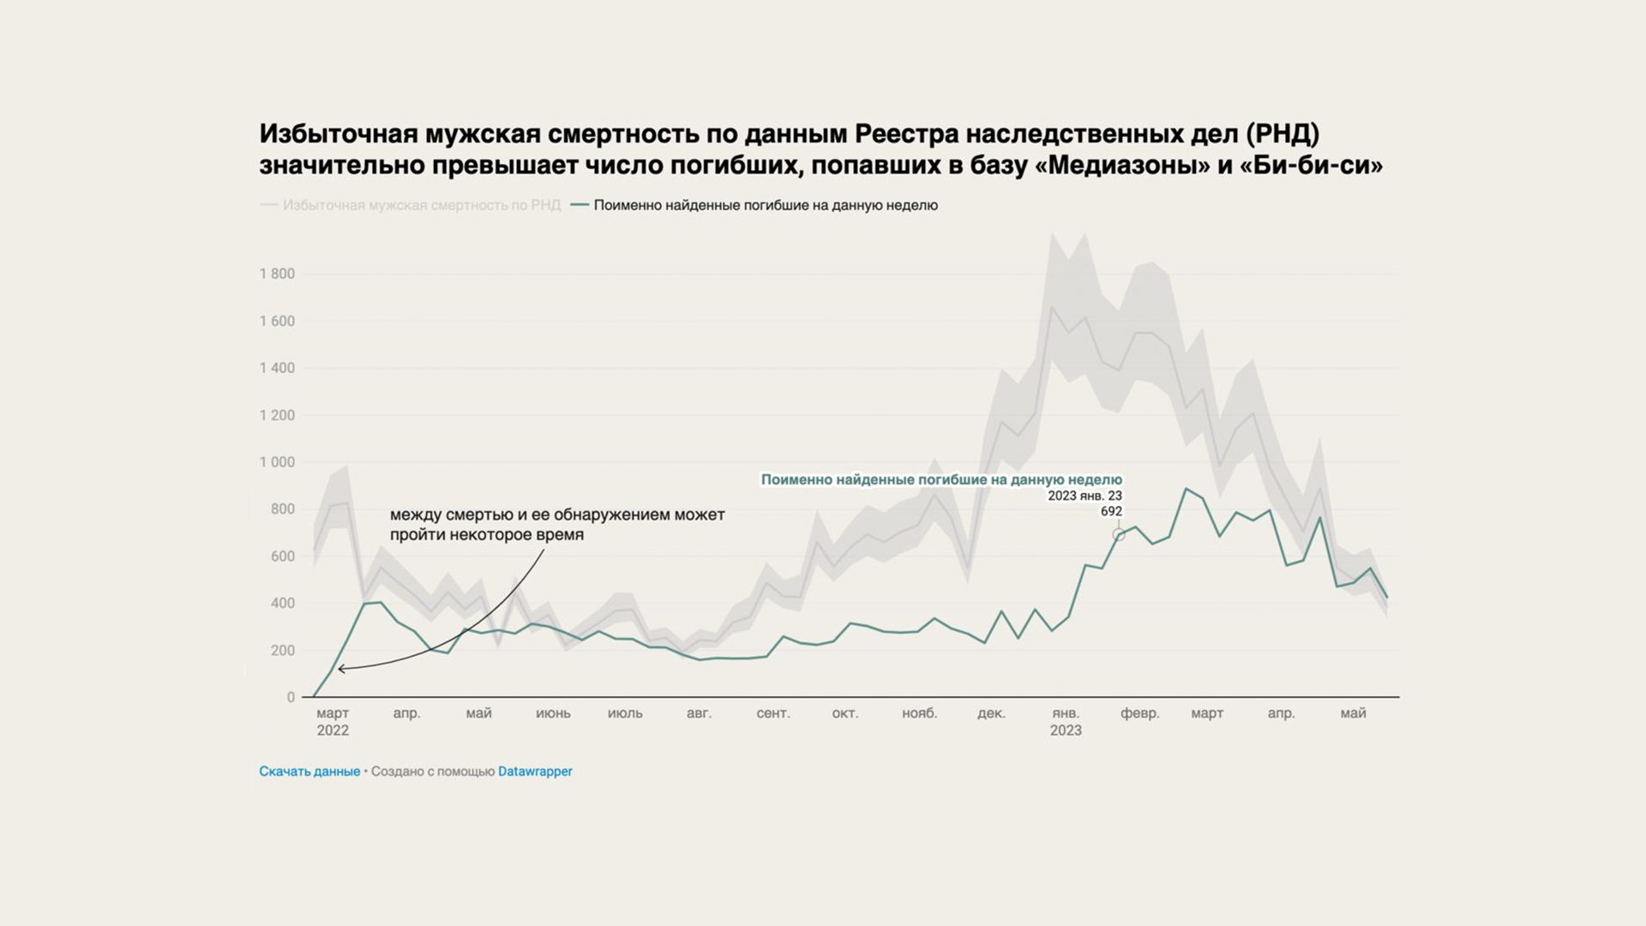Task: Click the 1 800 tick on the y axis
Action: tap(277, 274)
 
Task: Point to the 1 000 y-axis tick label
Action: tap(277, 462)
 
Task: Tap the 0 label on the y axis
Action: tap(291, 698)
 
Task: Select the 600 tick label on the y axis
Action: tap(282, 556)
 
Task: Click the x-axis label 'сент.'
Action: tap(772, 713)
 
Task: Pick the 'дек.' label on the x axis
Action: tap(991, 713)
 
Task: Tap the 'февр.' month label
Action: tap(1139, 713)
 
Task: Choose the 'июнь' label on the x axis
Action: tap(553, 713)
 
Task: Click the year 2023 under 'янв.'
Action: tap(1066, 731)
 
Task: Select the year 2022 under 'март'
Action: tap(333, 731)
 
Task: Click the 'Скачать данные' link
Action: tap(309, 772)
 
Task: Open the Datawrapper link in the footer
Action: tap(535, 772)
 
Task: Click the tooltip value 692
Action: tap(1111, 512)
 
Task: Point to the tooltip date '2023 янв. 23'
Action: tap(1084, 496)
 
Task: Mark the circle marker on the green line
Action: tap(1119, 535)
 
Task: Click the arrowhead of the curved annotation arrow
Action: tap(341, 669)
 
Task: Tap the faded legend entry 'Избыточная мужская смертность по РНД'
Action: tap(421, 206)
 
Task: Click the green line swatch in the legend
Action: tap(580, 205)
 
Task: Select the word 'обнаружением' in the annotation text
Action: tap(612, 515)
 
